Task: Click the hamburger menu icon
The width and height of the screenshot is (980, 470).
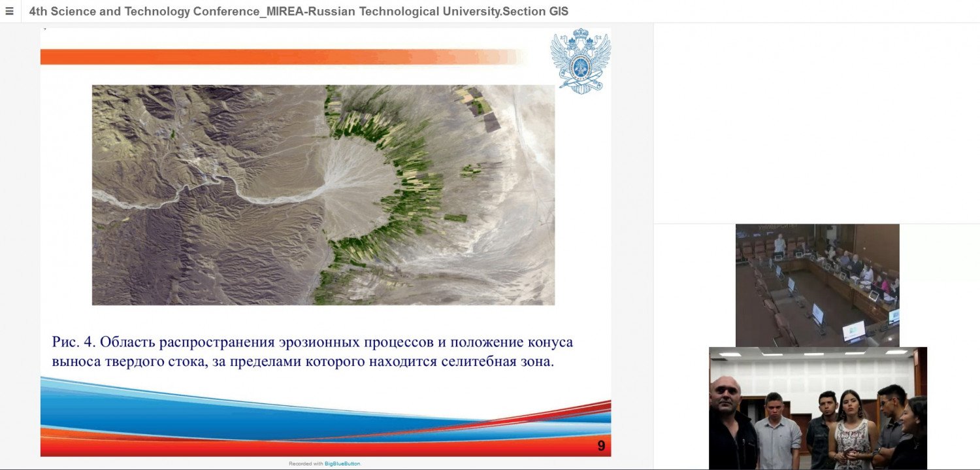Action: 9,11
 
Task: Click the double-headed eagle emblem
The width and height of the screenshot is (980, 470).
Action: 581,61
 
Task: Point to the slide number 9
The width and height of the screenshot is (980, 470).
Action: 601,446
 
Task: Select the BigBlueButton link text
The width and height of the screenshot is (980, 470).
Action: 342,463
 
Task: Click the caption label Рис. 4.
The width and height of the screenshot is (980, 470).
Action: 73,342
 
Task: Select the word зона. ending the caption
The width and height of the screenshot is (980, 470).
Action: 537,362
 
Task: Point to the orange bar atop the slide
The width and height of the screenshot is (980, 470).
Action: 282,57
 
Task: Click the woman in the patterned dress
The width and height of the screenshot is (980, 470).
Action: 850,430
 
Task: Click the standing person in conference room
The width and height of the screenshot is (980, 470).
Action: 779,244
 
